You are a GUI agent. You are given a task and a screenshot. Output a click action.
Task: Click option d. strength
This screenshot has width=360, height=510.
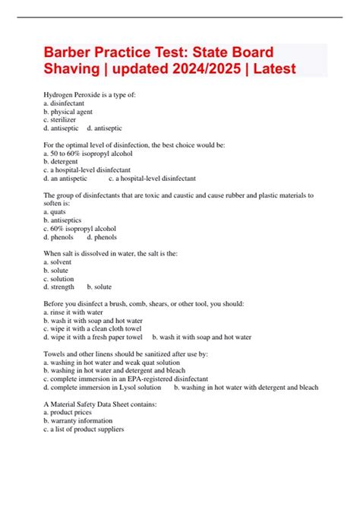tap(59, 287)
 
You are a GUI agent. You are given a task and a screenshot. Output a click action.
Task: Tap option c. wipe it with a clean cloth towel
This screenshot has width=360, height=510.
tap(93, 328)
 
